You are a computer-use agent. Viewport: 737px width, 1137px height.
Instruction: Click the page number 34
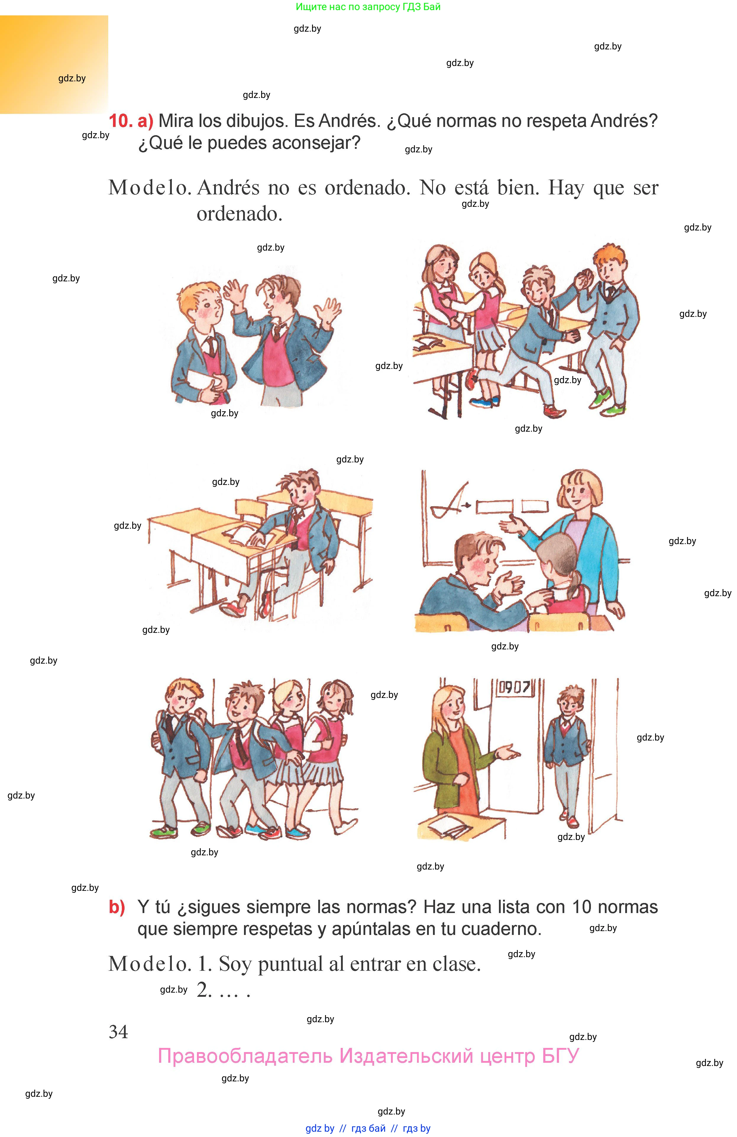(x=118, y=1032)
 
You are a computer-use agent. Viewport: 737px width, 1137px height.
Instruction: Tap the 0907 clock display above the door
(x=514, y=688)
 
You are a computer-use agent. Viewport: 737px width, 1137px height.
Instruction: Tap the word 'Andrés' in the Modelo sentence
(x=228, y=188)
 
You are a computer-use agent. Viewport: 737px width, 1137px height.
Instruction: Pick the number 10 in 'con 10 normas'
(x=581, y=907)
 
